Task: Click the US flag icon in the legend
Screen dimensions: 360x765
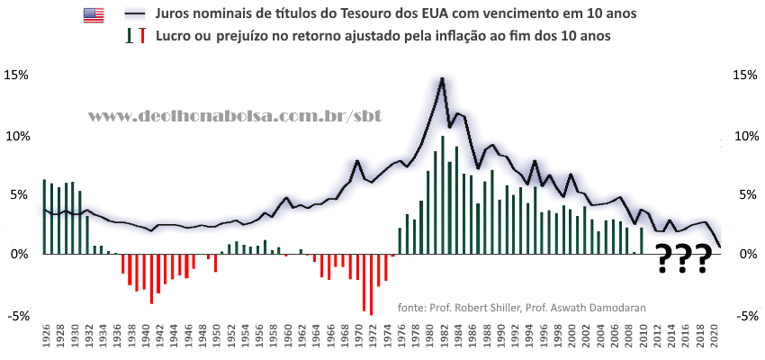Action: pyautogui.click(x=94, y=15)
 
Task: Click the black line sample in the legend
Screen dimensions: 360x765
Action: pyautogui.click(x=135, y=15)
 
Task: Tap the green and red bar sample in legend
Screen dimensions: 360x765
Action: pyautogui.click(x=135, y=36)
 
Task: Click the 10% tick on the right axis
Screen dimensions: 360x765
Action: pyautogui.click(x=747, y=136)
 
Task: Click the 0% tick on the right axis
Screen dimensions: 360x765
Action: pyautogui.click(x=749, y=255)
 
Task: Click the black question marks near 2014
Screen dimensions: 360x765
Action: pyautogui.click(x=683, y=258)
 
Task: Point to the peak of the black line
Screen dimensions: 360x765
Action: pyautogui.click(x=443, y=78)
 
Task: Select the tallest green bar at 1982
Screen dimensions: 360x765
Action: pyautogui.click(x=443, y=194)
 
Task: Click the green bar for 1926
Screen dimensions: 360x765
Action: pyautogui.click(x=44, y=217)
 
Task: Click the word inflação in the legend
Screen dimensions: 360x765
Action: pyautogui.click(x=478, y=36)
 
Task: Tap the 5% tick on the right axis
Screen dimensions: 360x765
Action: pyautogui.click(x=749, y=195)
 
